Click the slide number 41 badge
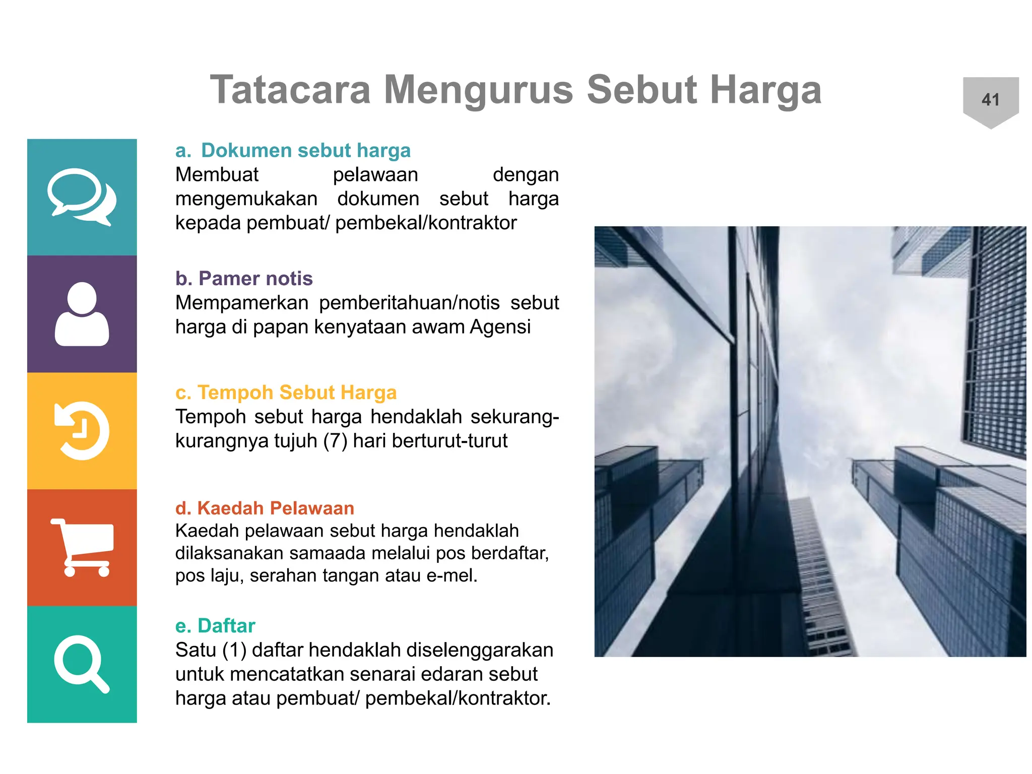point(990,100)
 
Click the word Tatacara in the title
point(290,90)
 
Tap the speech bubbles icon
point(82,197)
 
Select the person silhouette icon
point(82,314)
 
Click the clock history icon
point(82,431)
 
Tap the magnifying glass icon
point(82,664)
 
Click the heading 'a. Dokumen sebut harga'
point(293,150)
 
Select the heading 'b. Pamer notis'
point(244,278)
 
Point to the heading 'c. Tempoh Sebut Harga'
point(286,392)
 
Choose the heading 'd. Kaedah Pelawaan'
point(265,508)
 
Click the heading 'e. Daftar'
point(215,625)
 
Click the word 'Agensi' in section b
point(500,327)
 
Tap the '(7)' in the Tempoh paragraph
point(335,441)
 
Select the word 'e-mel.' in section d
point(451,575)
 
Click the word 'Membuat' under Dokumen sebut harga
point(217,175)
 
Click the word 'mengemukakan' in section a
point(246,199)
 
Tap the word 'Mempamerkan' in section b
point(242,303)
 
